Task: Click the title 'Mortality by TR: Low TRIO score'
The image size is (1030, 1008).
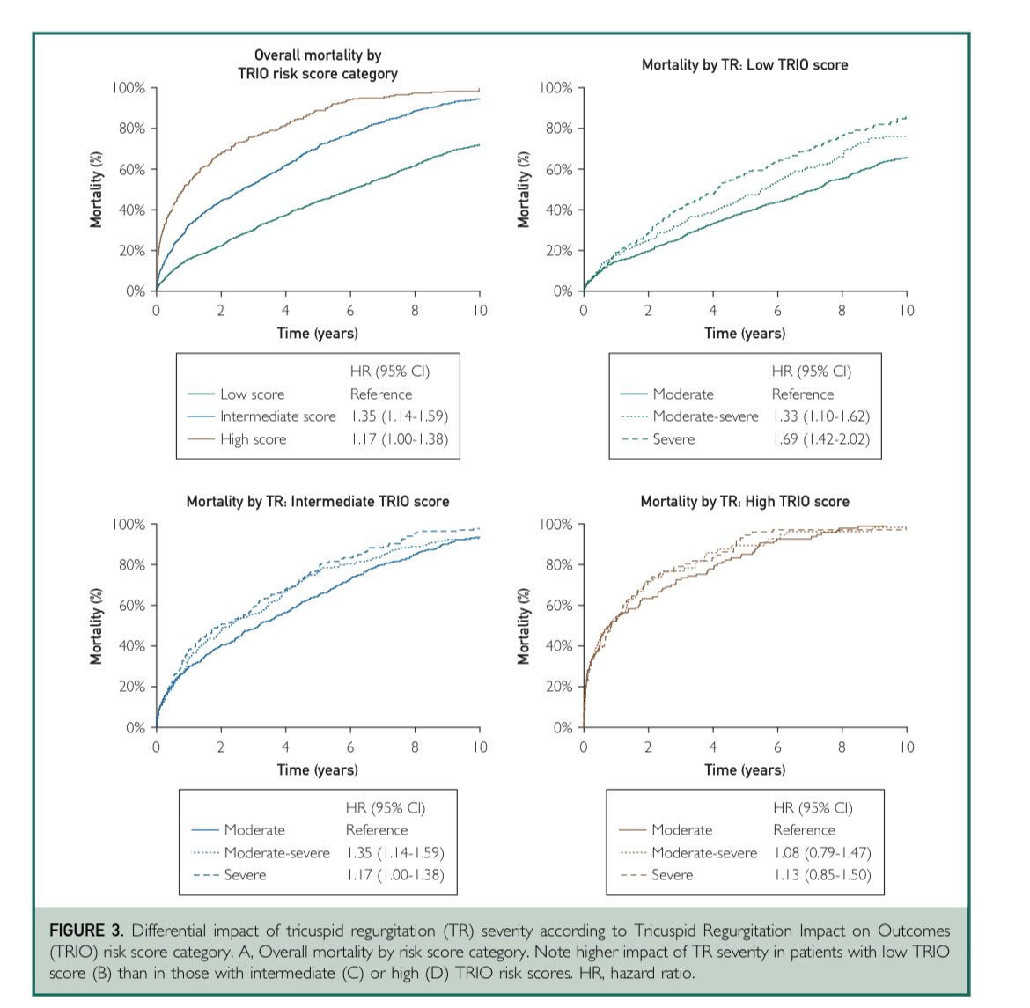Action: tap(745, 64)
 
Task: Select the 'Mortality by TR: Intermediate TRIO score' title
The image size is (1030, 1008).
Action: tap(318, 502)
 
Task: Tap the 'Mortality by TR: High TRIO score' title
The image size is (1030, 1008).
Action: tap(745, 502)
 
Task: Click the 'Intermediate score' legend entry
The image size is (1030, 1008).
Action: tap(277, 416)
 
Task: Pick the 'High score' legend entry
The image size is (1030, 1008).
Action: tap(253, 439)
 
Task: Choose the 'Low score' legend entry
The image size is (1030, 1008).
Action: tap(252, 394)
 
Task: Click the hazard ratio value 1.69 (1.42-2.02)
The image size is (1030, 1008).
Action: tap(820, 439)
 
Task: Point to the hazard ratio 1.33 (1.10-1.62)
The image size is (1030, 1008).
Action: tap(820, 416)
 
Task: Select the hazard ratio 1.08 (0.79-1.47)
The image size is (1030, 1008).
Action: tap(821, 853)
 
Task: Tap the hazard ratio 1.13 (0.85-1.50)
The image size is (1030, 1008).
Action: tap(821, 875)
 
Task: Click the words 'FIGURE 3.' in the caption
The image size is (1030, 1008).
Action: tap(86, 931)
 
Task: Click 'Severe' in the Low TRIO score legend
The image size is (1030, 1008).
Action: tap(673, 439)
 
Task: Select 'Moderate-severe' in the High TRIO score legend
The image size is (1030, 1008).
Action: tap(704, 853)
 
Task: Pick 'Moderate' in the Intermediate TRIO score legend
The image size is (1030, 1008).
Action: tap(254, 830)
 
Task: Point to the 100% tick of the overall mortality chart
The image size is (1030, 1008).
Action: tap(129, 88)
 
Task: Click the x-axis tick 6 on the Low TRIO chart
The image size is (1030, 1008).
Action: tap(777, 311)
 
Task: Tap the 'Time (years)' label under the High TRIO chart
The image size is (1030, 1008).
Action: tap(745, 769)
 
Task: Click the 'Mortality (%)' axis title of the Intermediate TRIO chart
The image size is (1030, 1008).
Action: tap(97, 626)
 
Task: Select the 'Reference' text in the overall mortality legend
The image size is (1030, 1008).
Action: tap(380, 394)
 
